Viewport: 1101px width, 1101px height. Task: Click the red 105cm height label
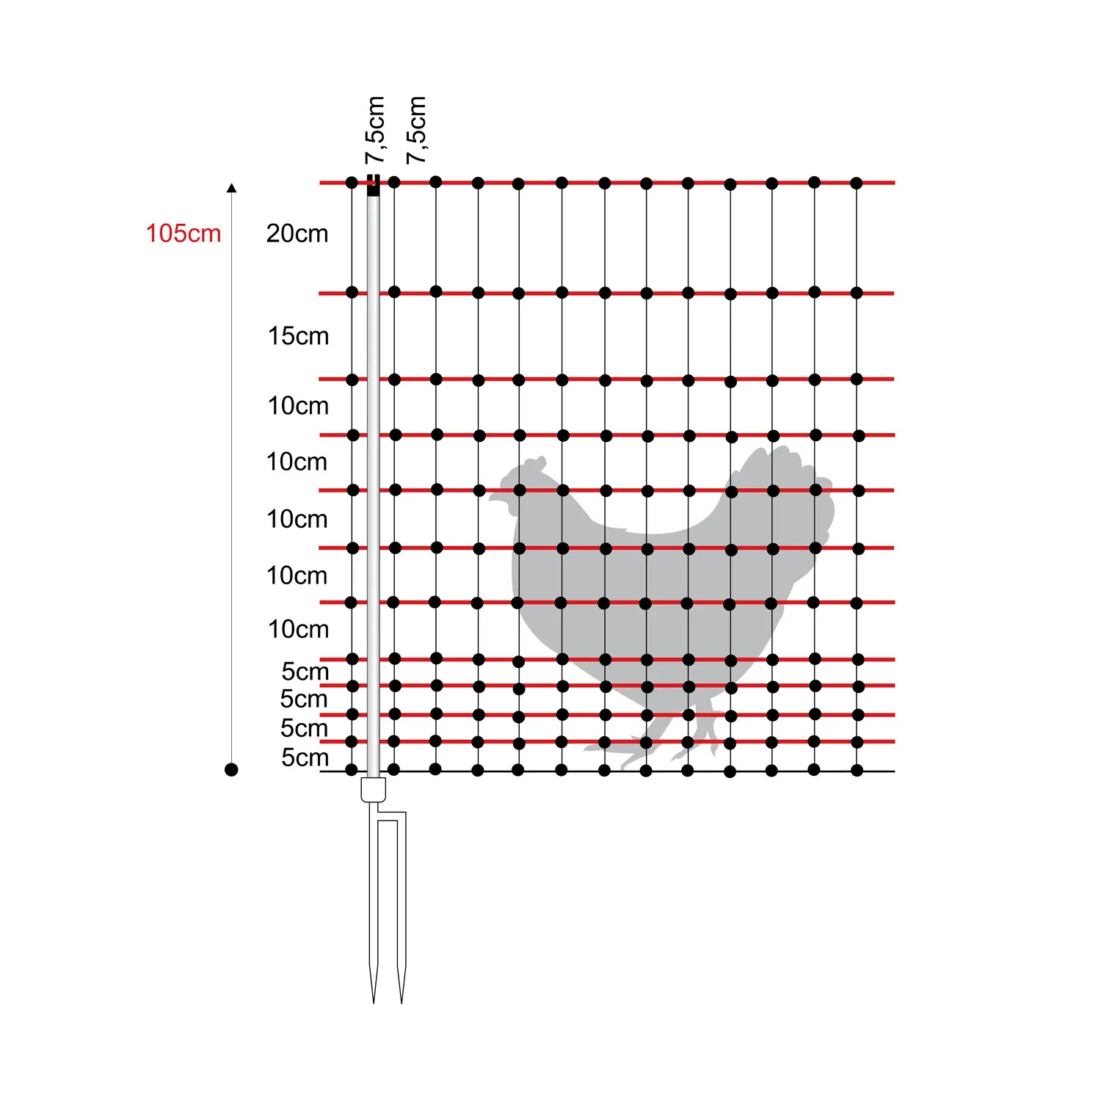pyautogui.click(x=183, y=233)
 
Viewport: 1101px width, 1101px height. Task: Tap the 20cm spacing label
pyautogui.click(x=297, y=233)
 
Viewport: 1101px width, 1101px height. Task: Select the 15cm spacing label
pyautogui.click(x=298, y=336)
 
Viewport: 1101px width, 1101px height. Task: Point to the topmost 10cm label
pyautogui.click(x=298, y=406)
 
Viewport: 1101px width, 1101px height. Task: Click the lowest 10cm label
pyautogui.click(x=298, y=629)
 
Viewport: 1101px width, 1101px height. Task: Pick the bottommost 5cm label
pyautogui.click(x=305, y=757)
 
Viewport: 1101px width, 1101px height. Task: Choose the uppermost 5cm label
pyautogui.click(x=305, y=671)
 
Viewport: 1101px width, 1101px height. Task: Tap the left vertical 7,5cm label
pyautogui.click(x=375, y=130)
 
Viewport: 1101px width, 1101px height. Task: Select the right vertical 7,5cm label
pyautogui.click(x=416, y=130)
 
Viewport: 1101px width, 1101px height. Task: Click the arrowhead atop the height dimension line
pyautogui.click(x=232, y=188)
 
